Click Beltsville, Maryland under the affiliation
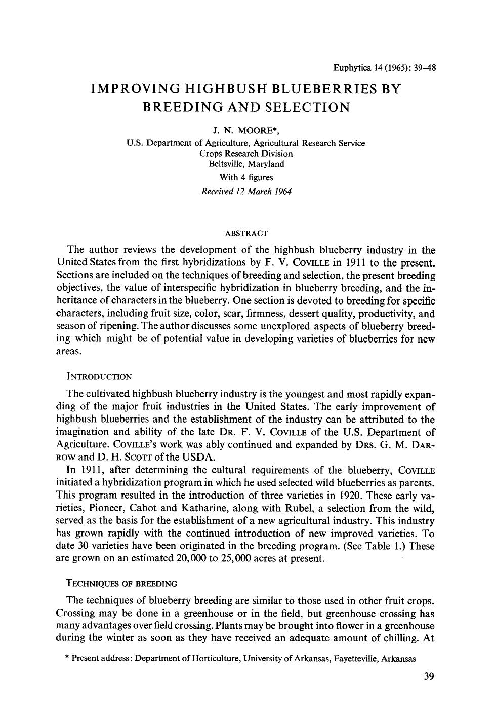click(x=246, y=164)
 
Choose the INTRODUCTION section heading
click(x=99, y=377)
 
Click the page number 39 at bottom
click(x=429, y=677)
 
